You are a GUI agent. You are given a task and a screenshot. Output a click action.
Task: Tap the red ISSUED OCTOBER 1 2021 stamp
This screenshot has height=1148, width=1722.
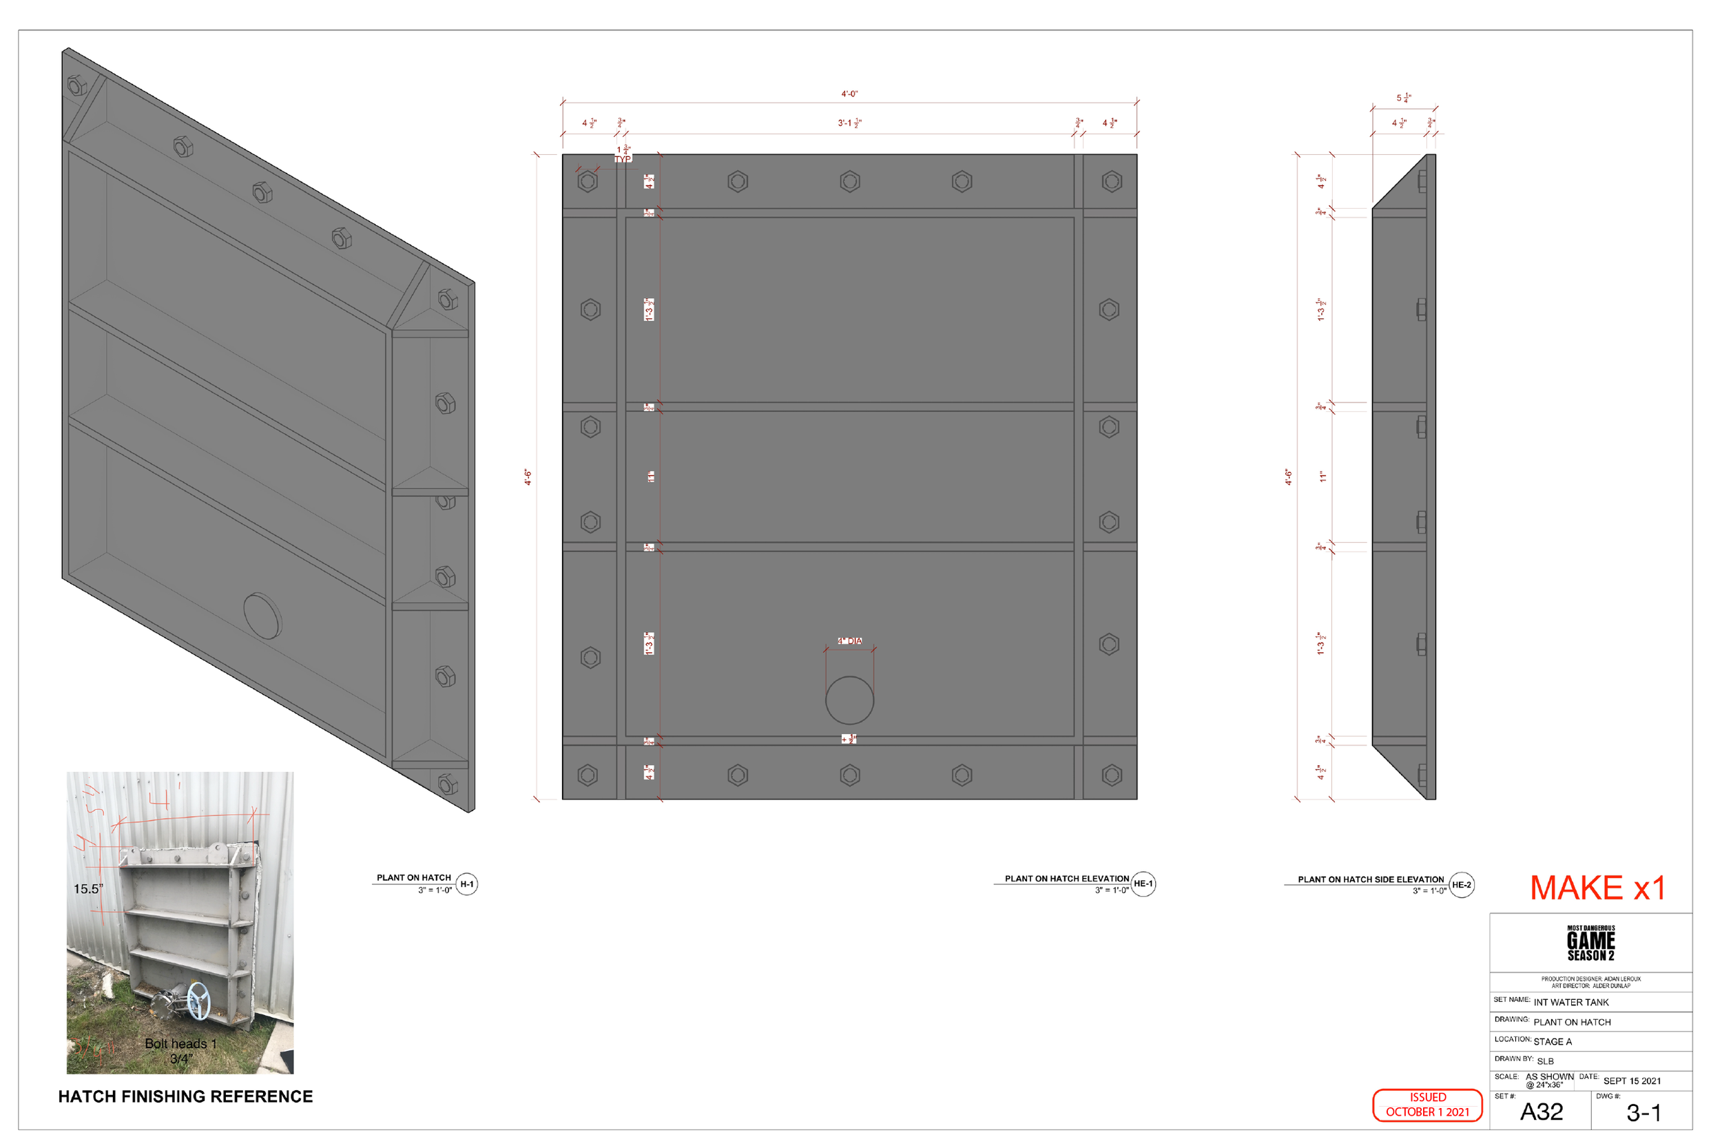click(x=1427, y=1105)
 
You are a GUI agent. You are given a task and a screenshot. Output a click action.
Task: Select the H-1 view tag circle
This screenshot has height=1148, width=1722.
click(x=466, y=884)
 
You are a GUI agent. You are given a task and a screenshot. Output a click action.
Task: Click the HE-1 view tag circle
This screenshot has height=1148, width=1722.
click(x=1143, y=884)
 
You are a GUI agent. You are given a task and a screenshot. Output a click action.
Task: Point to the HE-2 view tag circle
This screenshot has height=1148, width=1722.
click(x=1462, y=884)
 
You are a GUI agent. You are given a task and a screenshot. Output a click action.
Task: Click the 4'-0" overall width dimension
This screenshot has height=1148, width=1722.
click(x=849, y=94)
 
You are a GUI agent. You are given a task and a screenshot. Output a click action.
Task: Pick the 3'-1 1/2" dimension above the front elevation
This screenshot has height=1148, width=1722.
click(x=849, y=123)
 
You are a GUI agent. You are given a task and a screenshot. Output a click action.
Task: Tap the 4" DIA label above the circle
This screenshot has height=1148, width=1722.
click(x=849, y=641)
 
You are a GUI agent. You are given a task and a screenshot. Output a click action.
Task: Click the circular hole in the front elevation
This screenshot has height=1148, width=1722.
click(x=849, y=700)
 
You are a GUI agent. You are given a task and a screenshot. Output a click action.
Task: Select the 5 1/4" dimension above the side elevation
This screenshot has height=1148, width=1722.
click(x=1404, y=98)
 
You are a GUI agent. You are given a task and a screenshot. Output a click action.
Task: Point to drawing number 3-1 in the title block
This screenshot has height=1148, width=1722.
click(x=1643, y=1113)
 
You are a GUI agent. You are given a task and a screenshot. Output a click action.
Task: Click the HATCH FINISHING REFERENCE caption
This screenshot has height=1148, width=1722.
click(x=185, y=1097)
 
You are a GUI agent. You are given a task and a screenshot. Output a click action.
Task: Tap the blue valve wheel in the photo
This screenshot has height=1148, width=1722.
click(x=198, y=1000)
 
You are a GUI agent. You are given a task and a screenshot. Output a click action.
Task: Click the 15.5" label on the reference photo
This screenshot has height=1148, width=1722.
click(x=88, y=889)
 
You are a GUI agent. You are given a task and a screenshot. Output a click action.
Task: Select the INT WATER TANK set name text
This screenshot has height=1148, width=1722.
click(x=1571, y=1002)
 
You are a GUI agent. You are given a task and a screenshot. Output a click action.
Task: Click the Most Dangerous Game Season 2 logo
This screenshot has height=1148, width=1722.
click(x=1590, y=943)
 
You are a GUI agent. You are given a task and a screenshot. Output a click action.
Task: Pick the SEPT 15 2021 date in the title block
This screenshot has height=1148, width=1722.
click(x=1632, y=1081)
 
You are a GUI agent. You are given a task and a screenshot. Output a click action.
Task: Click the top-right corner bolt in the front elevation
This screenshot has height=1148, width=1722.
click(x=1112, y=182)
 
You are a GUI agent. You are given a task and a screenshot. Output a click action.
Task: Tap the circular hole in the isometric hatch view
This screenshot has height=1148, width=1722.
click(x=262, y=616)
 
